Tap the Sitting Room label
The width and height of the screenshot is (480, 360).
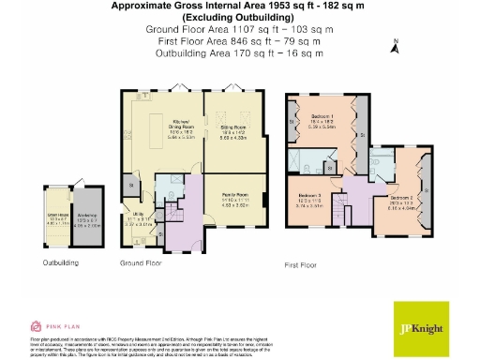[233, 126]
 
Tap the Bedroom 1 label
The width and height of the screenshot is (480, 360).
[323, 119]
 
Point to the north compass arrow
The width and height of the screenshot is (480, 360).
[397, 44]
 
